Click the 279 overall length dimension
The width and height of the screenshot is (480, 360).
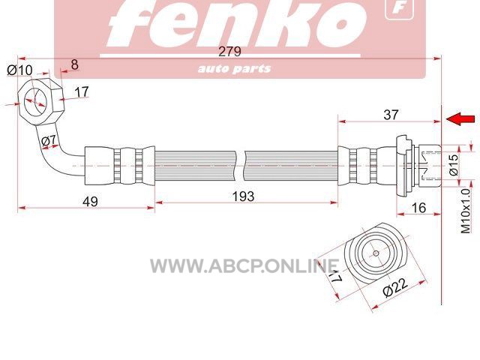(x=229, y=52)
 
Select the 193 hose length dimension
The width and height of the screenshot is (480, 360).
(x=243, y=196)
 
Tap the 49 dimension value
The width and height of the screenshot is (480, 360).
(x=90, y=202)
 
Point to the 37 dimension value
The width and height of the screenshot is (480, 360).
(x=391, y=115)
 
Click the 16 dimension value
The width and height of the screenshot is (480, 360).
(x=418, y=208)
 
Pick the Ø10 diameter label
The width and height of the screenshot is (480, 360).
(x=19, y=70)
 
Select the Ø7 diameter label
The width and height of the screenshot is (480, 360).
(x=49, y=141)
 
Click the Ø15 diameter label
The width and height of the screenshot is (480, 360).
(x=454, y=164)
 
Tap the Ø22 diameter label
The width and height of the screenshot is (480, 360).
(x=395, y=287)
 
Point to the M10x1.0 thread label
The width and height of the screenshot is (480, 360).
(x=465, y=211)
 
